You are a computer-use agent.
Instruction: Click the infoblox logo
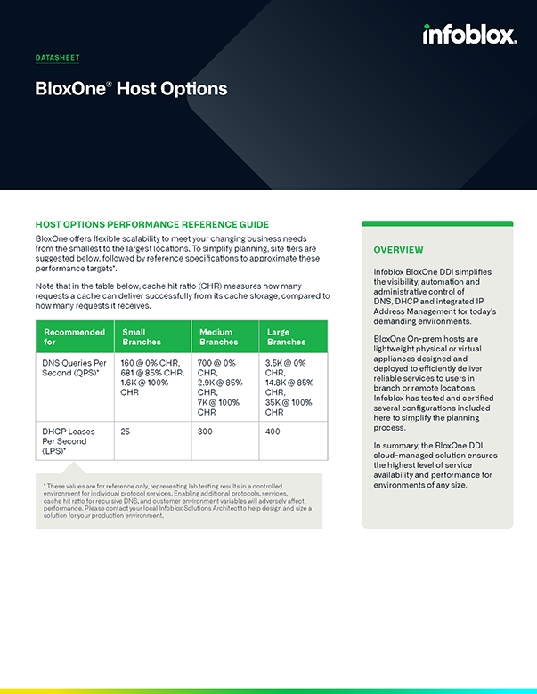click(x=468, y=35)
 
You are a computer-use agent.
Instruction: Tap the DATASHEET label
click(x=57, y=58)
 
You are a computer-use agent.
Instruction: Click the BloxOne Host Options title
click(x=131, y=88)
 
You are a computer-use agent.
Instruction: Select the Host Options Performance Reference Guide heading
click(x=151, y=224)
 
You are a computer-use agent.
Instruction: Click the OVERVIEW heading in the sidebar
click(x=398, y=250)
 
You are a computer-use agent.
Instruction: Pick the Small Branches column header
click(x=141, y=336)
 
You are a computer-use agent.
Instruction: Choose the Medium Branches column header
click(x=218, y=336)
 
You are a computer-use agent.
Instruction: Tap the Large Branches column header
click(x=286, y=336)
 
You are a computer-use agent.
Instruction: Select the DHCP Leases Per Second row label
click(x=69, y=440)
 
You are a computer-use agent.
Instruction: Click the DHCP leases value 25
click(x=126, y=431)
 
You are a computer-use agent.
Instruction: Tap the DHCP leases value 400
click(x=273, y=431)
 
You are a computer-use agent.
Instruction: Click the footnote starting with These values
click(x=178, y=501)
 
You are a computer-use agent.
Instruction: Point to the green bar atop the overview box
click(x=437, y=223)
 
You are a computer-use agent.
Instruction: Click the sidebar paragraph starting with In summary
click(x=435, y=465)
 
